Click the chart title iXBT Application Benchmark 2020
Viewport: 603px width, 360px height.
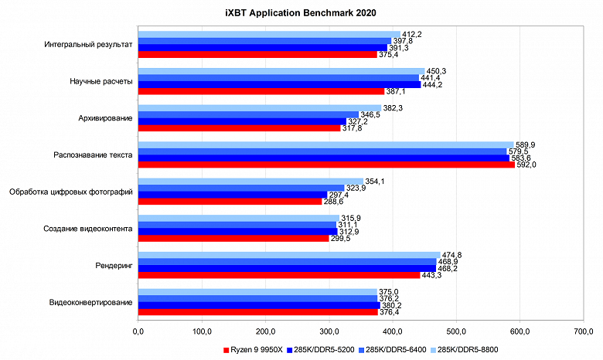[301, 14]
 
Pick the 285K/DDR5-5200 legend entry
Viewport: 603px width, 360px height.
[323, 349]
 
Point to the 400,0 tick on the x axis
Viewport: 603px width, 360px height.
[393, 331]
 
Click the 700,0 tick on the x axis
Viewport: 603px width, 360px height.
[584, 331]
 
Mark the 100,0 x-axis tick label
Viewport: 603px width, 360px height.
[202, 331]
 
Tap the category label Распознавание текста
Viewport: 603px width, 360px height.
[93, 155]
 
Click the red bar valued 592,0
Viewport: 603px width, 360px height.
[325, 165]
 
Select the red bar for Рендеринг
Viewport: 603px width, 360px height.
[278, 275]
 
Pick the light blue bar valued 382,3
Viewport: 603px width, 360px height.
[259, 107]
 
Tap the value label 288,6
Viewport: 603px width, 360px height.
[332, 202]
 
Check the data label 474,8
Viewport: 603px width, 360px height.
[452, 255]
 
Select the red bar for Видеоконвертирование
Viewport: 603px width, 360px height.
[257, 312]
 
